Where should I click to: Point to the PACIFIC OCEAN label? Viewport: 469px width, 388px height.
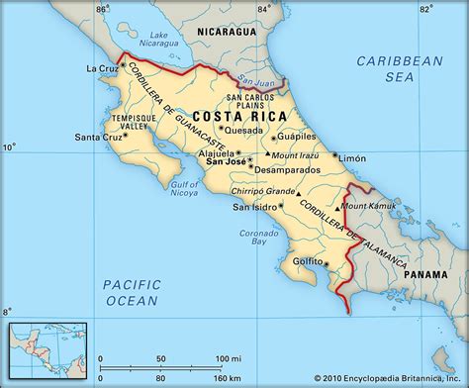[x=132, y=292]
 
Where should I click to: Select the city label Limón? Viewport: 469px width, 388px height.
[x=351, y=158]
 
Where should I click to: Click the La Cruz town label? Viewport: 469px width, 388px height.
[x=102, y=68]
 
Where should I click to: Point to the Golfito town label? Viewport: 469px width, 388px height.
[x=299, y=261]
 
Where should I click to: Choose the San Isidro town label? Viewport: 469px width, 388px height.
[x=254, y=207]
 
